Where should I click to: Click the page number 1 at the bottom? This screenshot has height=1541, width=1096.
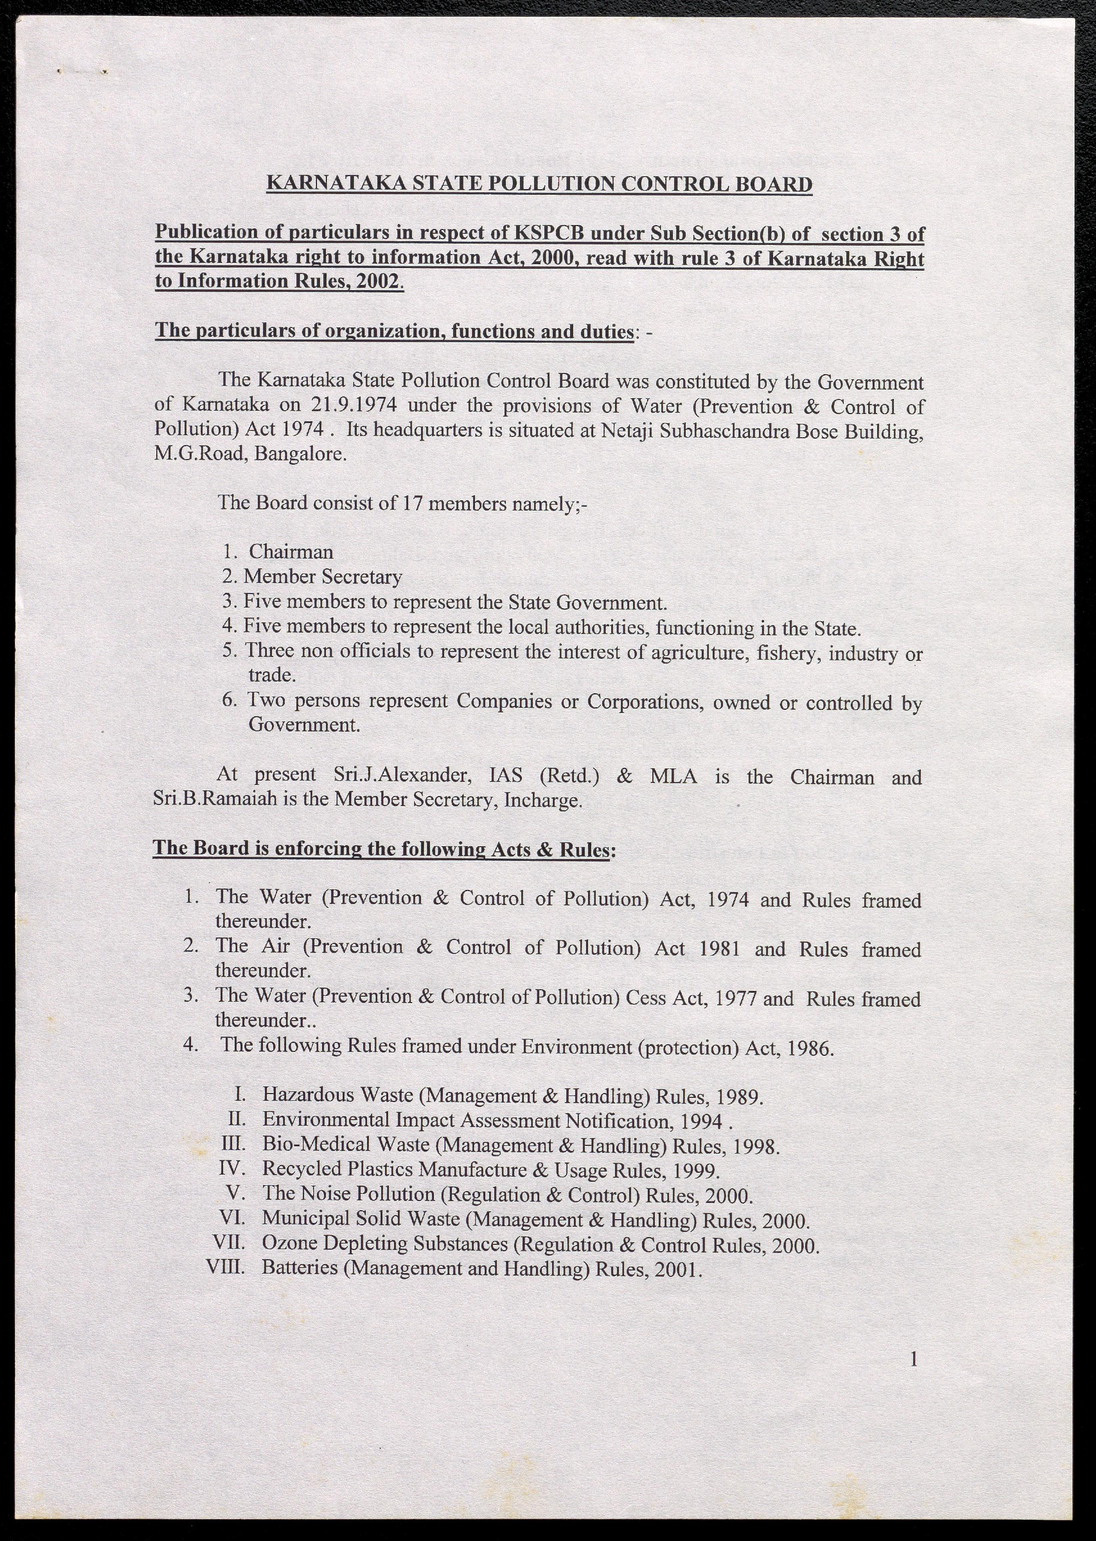click(914, 1359)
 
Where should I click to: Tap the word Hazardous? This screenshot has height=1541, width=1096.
click(308, 1095)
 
